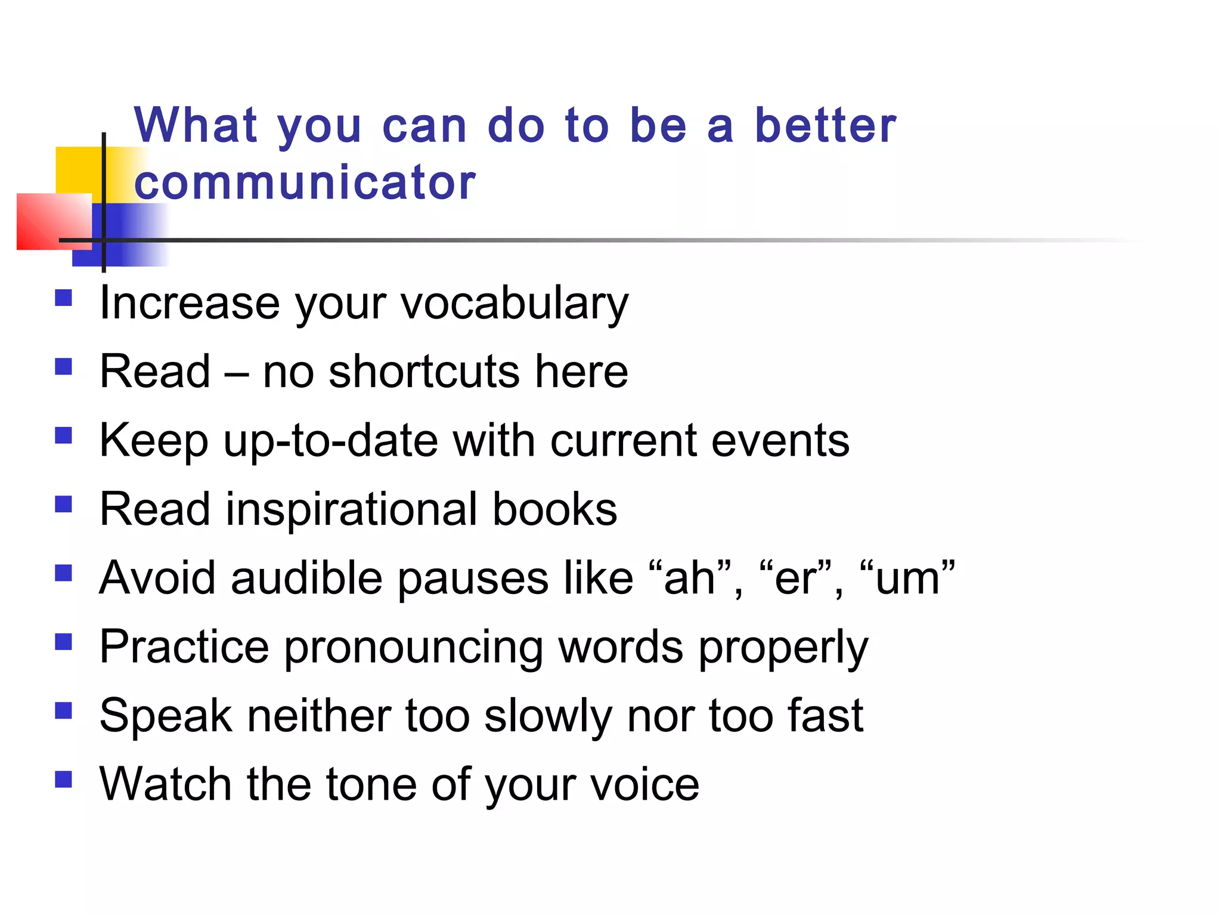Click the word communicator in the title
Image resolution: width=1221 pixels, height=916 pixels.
pos(305,182)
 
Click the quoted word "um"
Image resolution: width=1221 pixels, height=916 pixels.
pos(907,578)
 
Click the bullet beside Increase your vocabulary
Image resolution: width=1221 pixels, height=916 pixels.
pos(63,298)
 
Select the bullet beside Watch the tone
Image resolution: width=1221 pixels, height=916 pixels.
pos(63,779)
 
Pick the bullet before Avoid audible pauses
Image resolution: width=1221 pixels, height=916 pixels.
pos(63,573)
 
